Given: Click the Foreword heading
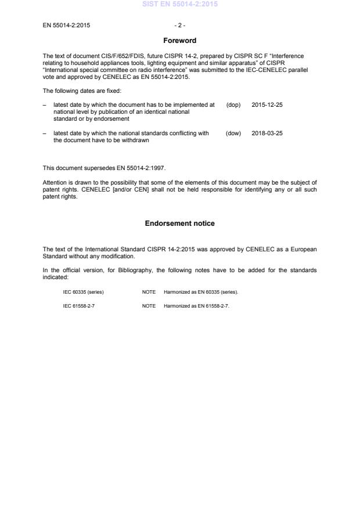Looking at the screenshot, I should tap(180, 41).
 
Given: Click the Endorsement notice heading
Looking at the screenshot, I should tap(180, 223).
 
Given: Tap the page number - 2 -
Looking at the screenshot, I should tap(180, 26).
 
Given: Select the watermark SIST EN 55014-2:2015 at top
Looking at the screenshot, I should tap(180, 4).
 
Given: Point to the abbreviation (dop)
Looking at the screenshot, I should tap(233, 105).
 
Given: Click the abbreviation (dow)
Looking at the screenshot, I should tap(233, 133).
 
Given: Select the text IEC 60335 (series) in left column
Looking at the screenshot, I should tap(84, 291).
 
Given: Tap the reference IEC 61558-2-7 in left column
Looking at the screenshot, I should tap(79, 305).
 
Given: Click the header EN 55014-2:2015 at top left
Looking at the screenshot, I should tap(66, 26).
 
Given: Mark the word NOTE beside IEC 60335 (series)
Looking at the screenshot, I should tap(149, 291).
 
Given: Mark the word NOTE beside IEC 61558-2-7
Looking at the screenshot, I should tap(149, 305).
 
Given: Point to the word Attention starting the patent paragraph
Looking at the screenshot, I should tap(55, 182).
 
